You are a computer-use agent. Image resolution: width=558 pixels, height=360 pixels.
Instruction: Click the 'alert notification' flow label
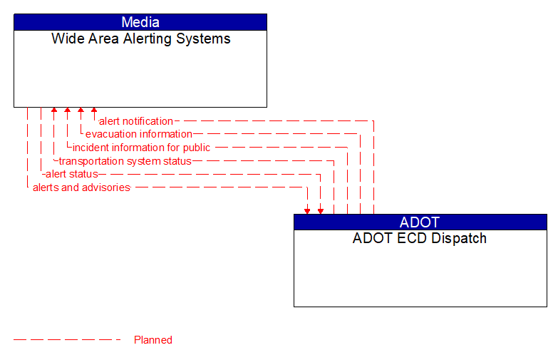click(135, 121)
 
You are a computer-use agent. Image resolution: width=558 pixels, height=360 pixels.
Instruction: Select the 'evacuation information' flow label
click(138, 134)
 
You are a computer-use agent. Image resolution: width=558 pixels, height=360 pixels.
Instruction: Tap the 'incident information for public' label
click(141, 148)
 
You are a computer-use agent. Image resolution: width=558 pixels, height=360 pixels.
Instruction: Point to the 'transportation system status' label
click(125, 161)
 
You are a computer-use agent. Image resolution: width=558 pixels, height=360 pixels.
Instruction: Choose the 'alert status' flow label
click(71, 174)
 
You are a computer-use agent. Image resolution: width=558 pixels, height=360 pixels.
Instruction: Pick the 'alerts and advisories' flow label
click(81, 187)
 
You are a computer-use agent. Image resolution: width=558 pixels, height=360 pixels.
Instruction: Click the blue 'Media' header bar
click(140, 22)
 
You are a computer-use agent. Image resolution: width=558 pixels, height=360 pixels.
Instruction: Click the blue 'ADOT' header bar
click(420, 222)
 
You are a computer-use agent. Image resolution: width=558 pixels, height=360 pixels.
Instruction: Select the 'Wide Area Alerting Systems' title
click(140, 39)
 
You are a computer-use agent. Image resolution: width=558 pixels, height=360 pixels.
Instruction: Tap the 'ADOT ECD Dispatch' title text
click(420, 239)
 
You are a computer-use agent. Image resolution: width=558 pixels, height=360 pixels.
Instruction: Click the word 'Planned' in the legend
click(153, 340)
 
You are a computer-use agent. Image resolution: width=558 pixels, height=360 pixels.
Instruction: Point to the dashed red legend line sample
click(67, 340)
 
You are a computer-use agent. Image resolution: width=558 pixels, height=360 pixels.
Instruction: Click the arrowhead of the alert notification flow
click(94, 111)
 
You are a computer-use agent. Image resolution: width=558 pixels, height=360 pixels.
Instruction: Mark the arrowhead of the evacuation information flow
click(81, 111)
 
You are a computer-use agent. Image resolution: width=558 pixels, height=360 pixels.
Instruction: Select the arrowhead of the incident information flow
click(67, 111)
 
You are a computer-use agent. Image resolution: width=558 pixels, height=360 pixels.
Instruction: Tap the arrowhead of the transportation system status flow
click(54, 111)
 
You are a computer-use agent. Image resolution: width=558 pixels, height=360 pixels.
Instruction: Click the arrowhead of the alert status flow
click(321, 210)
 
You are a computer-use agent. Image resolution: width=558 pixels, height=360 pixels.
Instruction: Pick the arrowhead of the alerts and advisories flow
click(307, 210)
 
